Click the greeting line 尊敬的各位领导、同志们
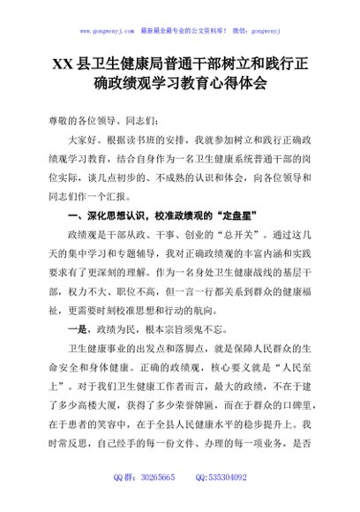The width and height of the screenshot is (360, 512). point(93,118)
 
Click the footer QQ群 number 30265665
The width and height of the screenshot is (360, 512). point(151,500)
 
